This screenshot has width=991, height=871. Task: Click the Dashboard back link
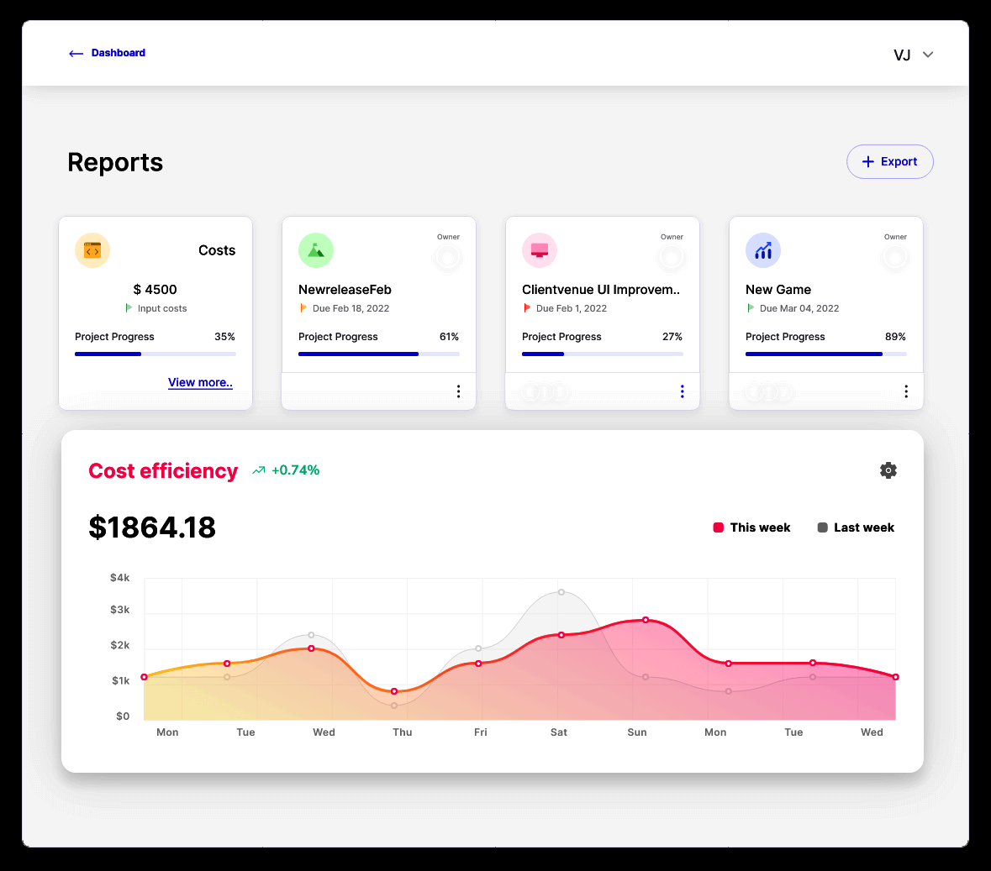click(107, 53)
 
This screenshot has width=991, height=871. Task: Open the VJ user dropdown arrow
click(928, 55)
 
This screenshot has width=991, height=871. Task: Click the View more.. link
click(200, 383)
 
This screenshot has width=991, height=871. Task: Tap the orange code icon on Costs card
click(92, 251)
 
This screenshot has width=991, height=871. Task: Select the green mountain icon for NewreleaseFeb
click(316, 251)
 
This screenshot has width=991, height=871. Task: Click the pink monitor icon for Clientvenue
click(540, 251)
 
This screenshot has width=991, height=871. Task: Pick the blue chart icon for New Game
click(763, 251)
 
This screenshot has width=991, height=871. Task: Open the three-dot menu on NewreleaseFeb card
click(459, 391)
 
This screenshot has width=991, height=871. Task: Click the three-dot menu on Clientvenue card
click(683, 391)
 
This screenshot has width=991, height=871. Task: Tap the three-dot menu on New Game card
click(906, 391)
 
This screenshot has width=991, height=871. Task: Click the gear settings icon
click(888, 470)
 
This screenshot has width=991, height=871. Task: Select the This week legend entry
click(751, 528)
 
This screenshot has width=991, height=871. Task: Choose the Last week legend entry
click(856, 528)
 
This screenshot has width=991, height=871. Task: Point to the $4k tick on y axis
click(120, 578)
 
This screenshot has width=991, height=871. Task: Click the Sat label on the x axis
click(559, 732)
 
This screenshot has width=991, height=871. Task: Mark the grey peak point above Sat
click(561, 592)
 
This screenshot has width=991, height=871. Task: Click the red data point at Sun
click(646, 620)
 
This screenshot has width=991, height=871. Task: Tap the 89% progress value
click(895, 338)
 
